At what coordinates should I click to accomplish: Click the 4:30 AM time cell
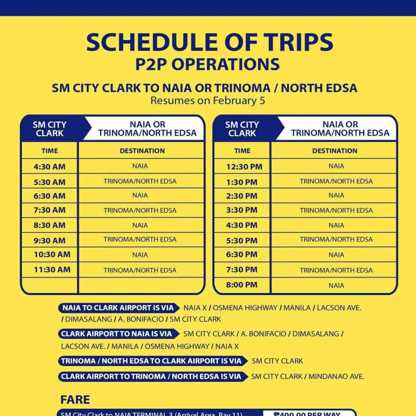click(50, 166)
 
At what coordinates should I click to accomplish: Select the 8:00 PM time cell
click(242, 285)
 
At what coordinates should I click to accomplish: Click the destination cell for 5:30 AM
click(140, 181)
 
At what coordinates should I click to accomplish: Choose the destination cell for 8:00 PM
click(336, 285)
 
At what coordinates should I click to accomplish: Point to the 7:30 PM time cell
click(242, 270)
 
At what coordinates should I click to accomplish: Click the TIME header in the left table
click(50, 151)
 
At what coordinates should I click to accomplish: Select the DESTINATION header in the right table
click(335, 151)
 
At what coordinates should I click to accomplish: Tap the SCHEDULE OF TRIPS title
click(209, 42)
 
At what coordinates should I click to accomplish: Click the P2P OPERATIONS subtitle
click(207, 64)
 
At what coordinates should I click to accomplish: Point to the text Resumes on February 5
click(208, 100)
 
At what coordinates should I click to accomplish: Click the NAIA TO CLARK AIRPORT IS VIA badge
click(118, 308)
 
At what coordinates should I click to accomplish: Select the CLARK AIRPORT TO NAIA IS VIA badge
click(117, 334)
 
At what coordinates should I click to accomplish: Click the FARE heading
click(75, 399)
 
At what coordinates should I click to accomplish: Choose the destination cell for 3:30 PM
click(336, 210)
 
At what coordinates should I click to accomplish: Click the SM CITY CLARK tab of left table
click(50, 129)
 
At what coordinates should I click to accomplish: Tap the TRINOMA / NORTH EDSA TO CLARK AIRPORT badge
click(151, 361)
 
